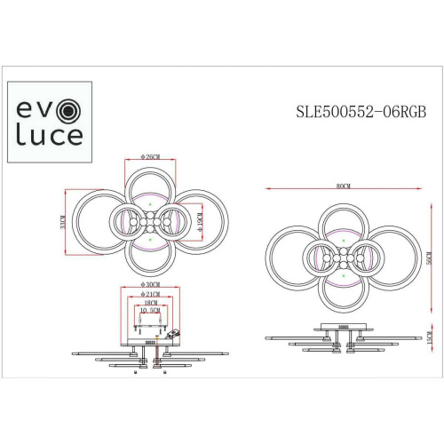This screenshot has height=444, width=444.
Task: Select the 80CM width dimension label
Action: (x=342, y=186)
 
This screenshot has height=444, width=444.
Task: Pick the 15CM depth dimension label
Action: (x=428, y=341)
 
